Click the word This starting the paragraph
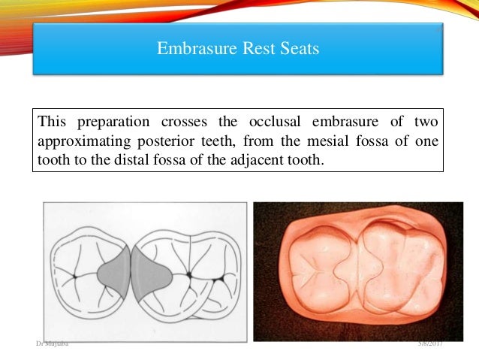[x=53, y=122]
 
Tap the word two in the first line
[x=426, y=122]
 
